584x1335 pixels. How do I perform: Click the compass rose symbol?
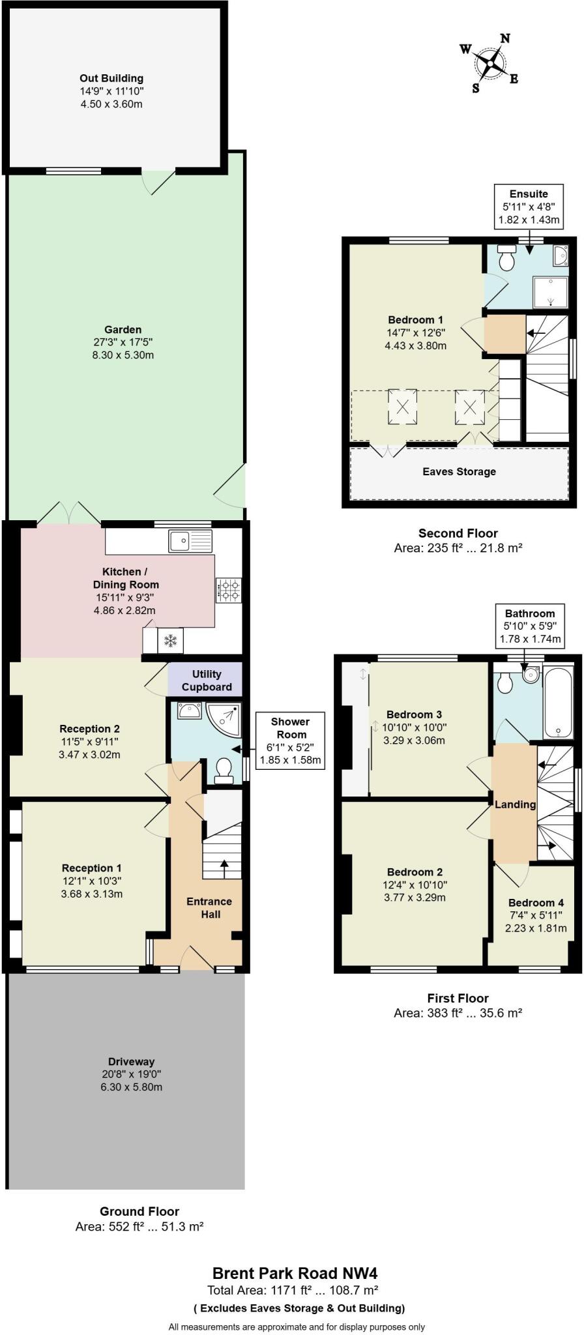click(x=490, y=63)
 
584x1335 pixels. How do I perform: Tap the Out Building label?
click(x=111, y=78)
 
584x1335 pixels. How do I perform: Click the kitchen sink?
click(x=190, y=540)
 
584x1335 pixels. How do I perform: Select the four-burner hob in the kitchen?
click(x=228, y=591)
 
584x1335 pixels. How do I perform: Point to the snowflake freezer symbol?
click(x=170, y=640)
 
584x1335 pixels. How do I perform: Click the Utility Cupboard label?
click(x=207, y=681)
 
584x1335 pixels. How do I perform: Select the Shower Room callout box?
click(x=290, y=741)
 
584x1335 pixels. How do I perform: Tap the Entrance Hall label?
click(x=209, y=907)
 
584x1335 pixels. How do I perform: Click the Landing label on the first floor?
click(x=515, y=804)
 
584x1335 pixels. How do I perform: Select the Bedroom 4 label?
click(x=536, y=903)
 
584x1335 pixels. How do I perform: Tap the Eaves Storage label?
click(x=459, y=471)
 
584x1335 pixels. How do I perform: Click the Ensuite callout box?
click(x=529, y=207)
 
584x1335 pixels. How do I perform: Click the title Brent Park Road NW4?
click(x=295, y=1273)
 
